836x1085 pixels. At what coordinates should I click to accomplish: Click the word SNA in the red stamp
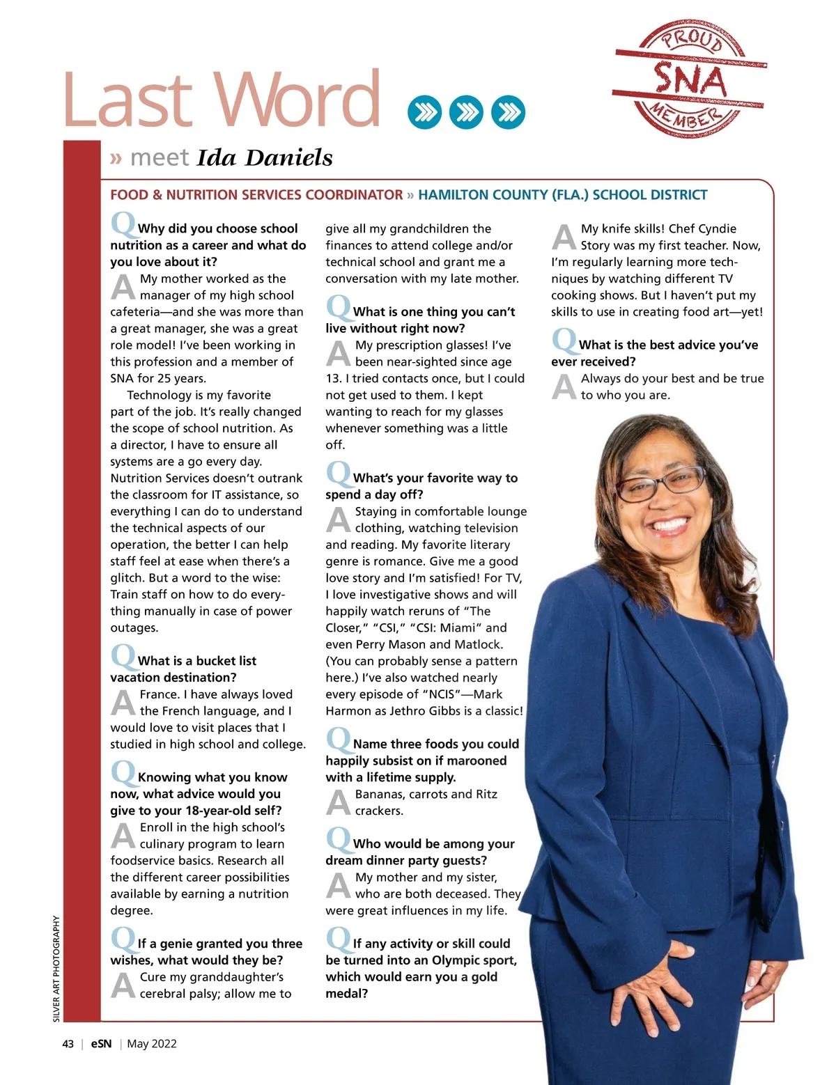coord(690,80)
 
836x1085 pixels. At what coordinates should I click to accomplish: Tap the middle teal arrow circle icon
coord(466,112)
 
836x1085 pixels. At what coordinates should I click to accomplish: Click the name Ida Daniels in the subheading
coord(265,158)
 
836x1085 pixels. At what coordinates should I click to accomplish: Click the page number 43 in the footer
coord(68,1044)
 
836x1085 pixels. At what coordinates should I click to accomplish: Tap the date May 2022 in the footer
coord(152,1044)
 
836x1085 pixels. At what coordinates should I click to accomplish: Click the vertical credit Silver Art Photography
coord(57,969)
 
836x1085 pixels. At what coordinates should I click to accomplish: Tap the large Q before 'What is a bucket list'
coord(123,656)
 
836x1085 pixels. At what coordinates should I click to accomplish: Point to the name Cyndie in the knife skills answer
coord(718,228)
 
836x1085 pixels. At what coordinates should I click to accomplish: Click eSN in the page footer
coord(101,1044)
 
